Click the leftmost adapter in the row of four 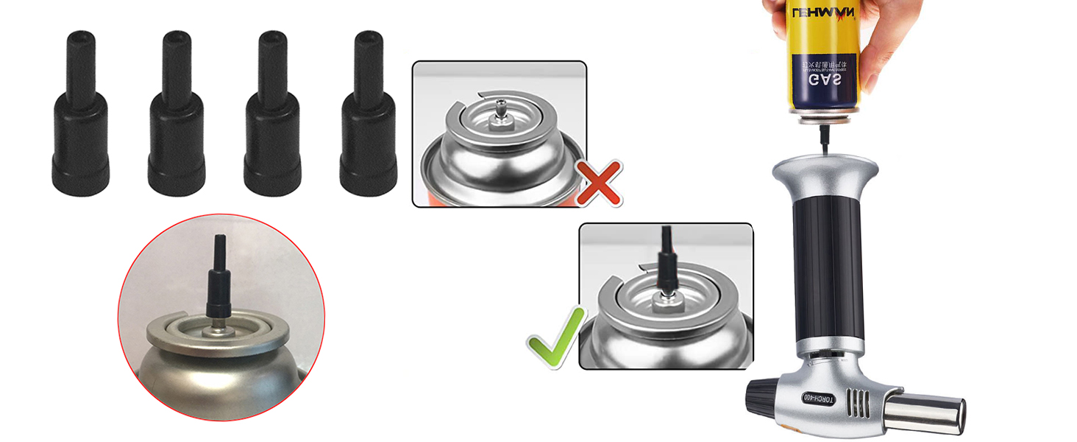coord(80,118)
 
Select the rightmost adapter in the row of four coord(368,118)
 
